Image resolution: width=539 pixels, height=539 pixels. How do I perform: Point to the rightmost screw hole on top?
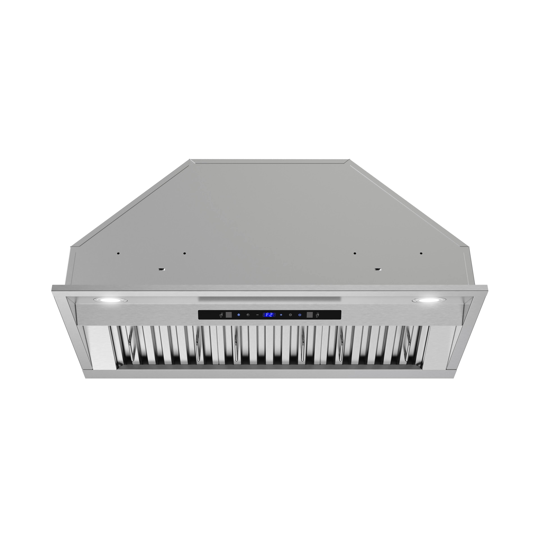click(421, 253)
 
